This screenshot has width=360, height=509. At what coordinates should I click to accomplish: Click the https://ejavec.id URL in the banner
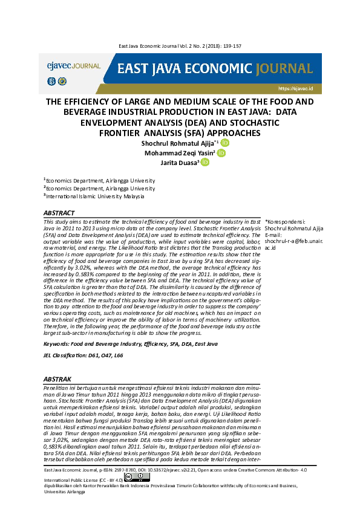click(x=294, y=88)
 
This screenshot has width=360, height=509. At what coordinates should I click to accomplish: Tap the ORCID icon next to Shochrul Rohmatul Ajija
click(x=225, y=143)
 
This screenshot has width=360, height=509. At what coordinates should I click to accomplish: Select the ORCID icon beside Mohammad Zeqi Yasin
click(x=221, y=154)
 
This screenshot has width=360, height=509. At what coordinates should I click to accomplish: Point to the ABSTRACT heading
click(x=59, y=213)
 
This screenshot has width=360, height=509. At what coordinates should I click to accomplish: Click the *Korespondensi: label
click(x=285, y=222)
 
